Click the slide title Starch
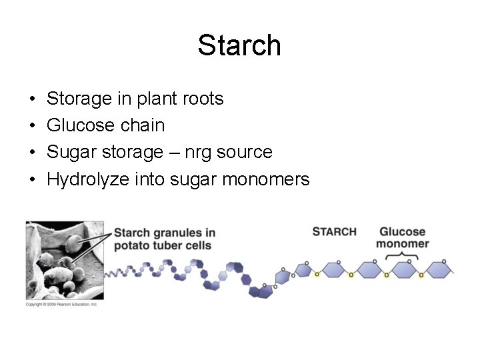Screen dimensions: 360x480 click(x=239, y=45)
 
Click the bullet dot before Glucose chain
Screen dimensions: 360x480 click(x=33, y=126)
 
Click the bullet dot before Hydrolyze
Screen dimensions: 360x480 click(x=33, y=180)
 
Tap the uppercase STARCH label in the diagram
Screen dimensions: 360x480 click(x=334, y=231)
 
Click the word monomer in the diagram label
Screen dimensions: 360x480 click(x=402, y=243)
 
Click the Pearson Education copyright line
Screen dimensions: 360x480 click(x=61, y=304)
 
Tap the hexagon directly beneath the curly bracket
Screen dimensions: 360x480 click(x=403, y=269)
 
